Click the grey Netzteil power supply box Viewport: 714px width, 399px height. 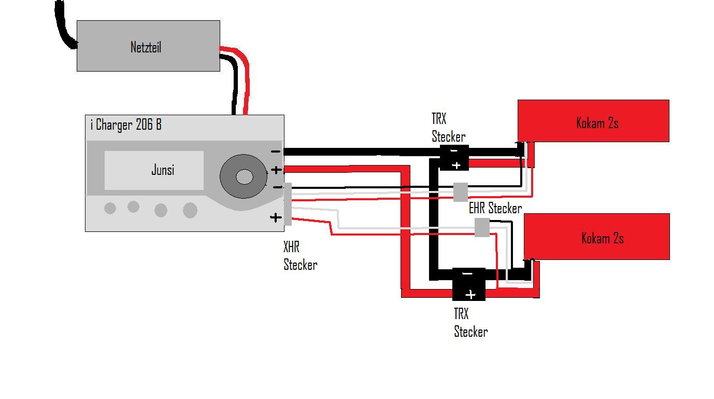148,46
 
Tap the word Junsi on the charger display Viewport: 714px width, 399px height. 163,170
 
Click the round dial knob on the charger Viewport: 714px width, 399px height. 244,176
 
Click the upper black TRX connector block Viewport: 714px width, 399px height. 454,158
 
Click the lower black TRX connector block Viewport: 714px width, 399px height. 468,284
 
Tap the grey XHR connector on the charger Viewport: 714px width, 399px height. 288,204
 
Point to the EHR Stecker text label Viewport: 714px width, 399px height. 495,209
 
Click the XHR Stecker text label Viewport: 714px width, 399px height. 300,256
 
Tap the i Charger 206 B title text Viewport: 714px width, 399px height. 126,125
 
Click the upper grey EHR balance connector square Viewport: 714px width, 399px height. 460,192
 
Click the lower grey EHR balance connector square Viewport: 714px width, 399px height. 482,227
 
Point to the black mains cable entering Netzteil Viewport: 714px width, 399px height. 65,26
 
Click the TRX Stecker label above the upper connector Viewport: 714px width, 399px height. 448,128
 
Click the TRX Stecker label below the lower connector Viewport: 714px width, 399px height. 470,323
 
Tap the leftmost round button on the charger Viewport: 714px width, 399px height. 110,208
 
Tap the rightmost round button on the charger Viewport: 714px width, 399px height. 190,210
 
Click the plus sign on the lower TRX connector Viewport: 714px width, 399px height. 470,295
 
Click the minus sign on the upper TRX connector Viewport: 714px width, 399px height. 453,150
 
